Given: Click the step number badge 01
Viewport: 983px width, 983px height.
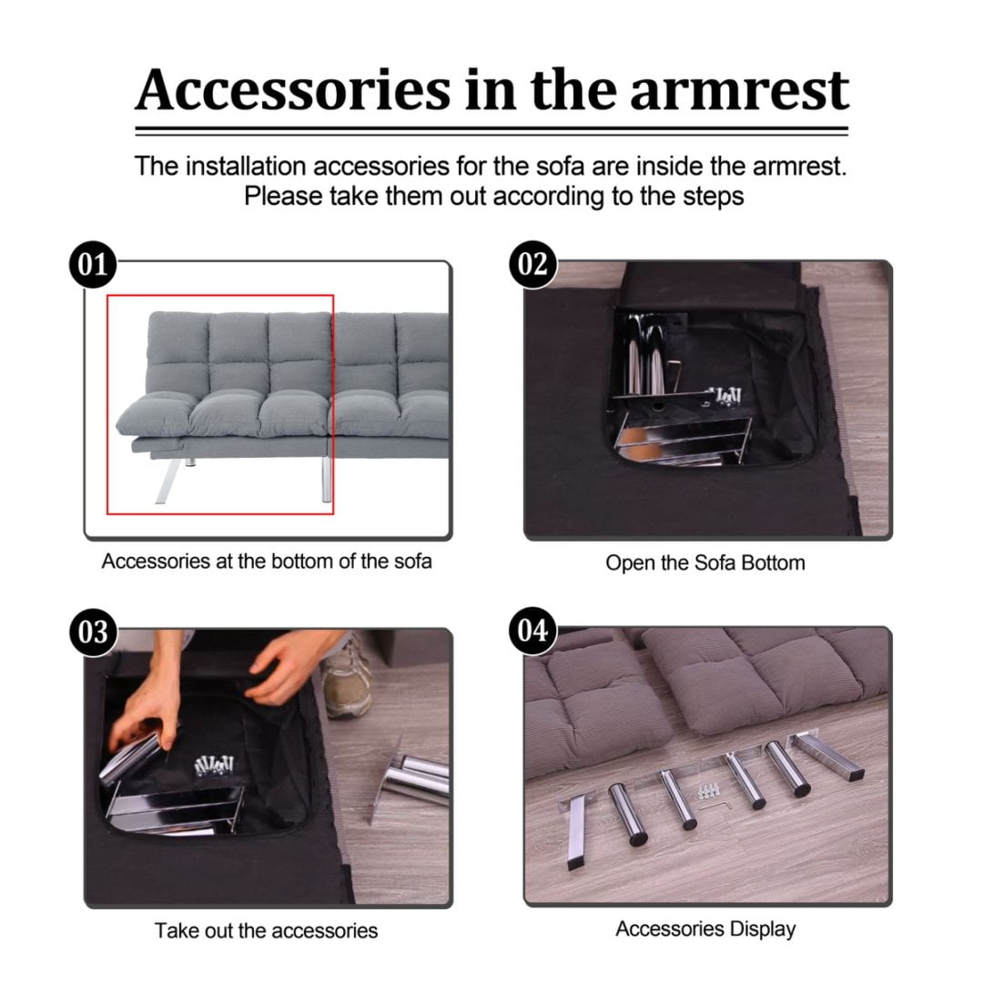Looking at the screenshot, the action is tap(93, 265).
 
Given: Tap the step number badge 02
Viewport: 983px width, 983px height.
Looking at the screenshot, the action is tap(532, 265).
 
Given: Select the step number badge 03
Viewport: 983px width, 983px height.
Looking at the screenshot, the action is tap(93, 632).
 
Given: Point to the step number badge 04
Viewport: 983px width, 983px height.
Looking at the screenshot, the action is tap(532, 631).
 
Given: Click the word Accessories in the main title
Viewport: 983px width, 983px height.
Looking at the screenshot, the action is tap(293, 89).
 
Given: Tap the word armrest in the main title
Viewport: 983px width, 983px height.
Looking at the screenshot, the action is tap(739, 90).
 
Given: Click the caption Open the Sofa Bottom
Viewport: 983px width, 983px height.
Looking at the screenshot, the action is tap(705, 562).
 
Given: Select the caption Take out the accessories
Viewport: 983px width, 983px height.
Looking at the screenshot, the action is tap(266, 930).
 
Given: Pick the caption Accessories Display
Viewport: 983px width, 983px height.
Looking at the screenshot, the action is tap(705, 928).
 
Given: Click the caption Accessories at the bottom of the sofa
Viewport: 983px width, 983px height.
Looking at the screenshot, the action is tap(267, 561).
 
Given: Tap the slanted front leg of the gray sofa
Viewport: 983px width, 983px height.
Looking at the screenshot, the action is tap(167, 481).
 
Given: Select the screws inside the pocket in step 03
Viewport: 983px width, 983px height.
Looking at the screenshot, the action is tap(214, 765).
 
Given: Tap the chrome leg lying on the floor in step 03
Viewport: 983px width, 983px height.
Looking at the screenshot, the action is tap(408, 779).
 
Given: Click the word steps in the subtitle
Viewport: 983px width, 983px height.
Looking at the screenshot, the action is tap(713, 197).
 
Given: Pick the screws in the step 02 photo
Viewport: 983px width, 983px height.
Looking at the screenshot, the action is tap(725, 396).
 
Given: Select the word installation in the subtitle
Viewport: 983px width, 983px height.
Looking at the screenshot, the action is tap(246, 167).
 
